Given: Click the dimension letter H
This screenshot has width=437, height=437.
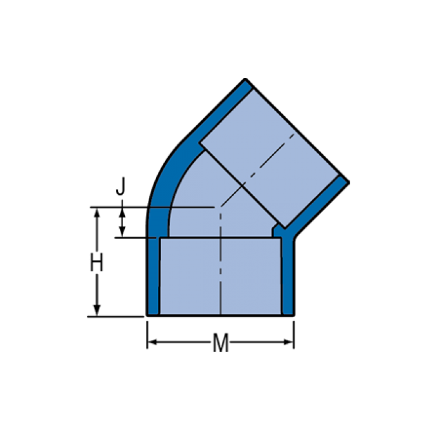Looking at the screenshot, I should [96, 263].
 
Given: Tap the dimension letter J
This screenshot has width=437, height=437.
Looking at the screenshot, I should [122, 186].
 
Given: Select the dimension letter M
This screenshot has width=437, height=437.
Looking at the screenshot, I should [220, 343].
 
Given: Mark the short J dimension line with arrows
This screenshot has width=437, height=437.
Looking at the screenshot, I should [122, 222].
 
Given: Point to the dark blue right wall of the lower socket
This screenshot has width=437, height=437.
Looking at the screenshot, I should [288, 275].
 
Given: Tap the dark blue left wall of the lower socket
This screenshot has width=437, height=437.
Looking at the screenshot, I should [154, 275].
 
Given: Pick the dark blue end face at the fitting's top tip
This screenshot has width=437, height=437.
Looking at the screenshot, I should [247, 85].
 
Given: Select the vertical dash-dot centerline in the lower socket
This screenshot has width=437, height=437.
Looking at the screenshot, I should [220, 275].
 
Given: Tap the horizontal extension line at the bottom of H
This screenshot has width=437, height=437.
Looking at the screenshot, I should [115, 317].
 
